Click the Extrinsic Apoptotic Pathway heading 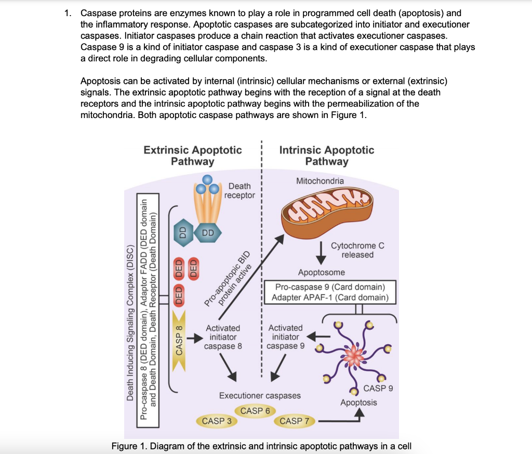click(x=193, y=155)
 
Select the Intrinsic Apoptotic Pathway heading click(x=326, y=155)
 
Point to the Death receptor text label click(x=240, y=190)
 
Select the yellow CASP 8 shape click(x=179, y=338)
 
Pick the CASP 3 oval click(x=217, y=421)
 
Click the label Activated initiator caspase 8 click(x=223, y=337)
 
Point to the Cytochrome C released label click(x=357, y=250)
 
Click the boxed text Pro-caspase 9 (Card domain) click(x=330, y=287)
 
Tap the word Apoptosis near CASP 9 click(x=358, y=403)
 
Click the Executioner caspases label click(x=260, y=396)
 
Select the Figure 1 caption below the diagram click(x=261, y=446)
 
